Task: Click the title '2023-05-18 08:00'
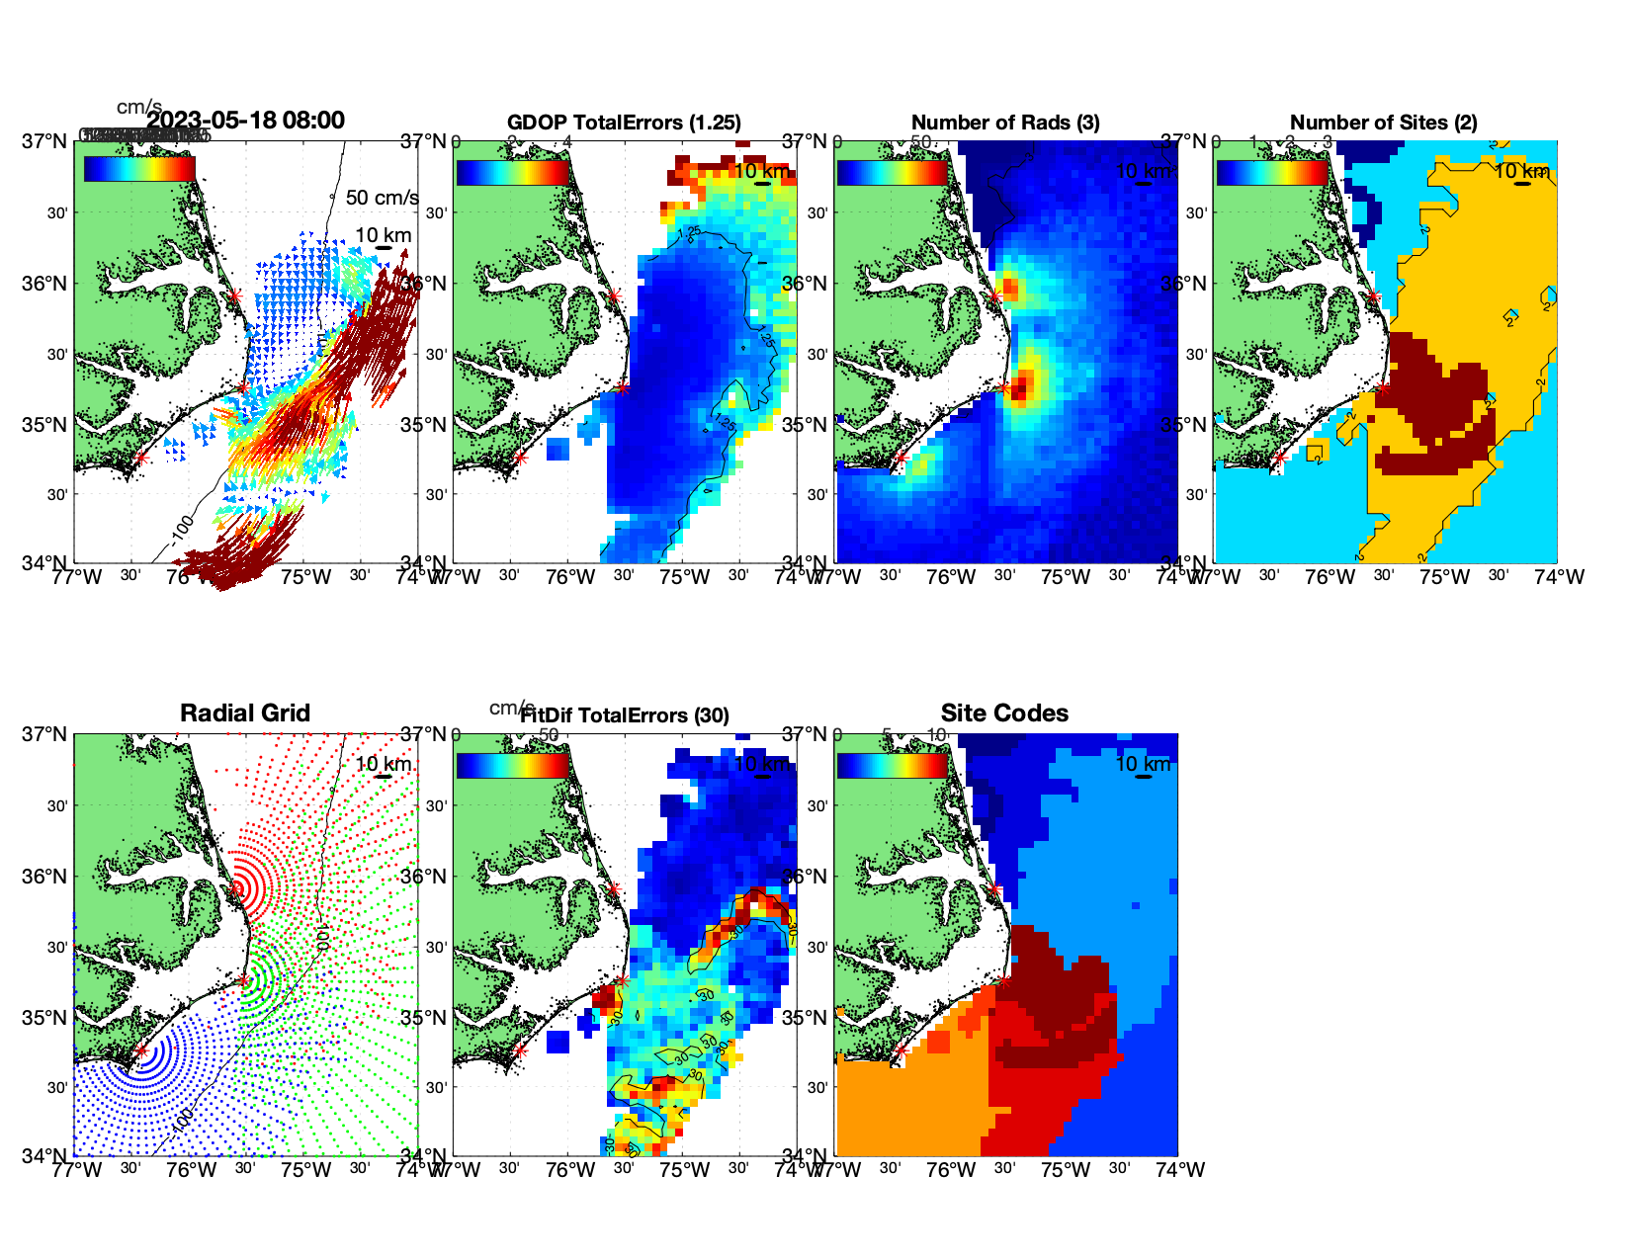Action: pyautogui.click(x=245, y=121)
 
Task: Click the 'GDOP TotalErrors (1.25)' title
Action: pyautogui.click(x=624, y=123)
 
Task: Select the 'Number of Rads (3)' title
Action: pyautogui.click(x=1005, y=123)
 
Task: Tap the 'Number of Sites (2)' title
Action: pyautogui.click(x=1383, y=123)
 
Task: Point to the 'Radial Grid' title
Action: pyautogui.click(x=245, y=714)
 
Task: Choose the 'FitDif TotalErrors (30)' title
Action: pyautogui.click(x=626, y=715)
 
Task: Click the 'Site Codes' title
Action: pyautogui.click(x=1004, y=714)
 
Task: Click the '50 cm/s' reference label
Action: pyautogui.click(x=382, y=198)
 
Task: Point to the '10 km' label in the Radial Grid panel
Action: pyautogui.click(x=383, y=764)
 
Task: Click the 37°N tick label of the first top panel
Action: pyautogui.click(x=45, y=141)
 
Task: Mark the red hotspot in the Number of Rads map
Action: pyautogui.click(x=1021, y=384)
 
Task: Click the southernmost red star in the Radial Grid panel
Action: pyautogui.click(x=141, y=1051)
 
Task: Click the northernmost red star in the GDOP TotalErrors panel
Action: pyautogui.click(x=614, y=295)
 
